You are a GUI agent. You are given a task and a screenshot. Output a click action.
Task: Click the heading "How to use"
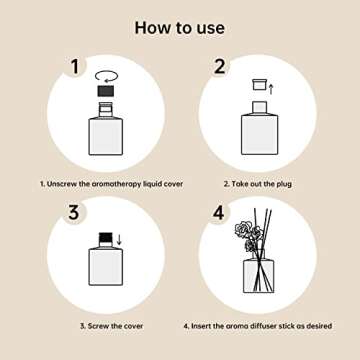point(180,27)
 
